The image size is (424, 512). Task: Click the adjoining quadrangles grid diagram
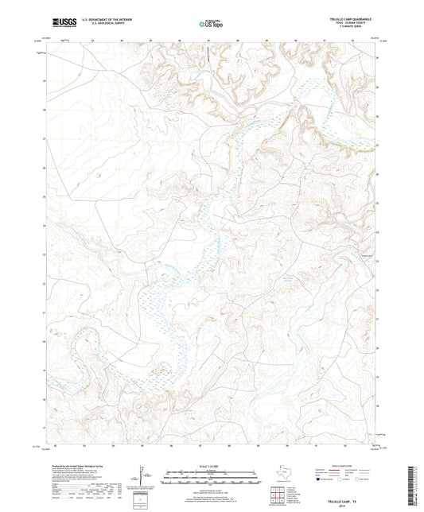(278, 497)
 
